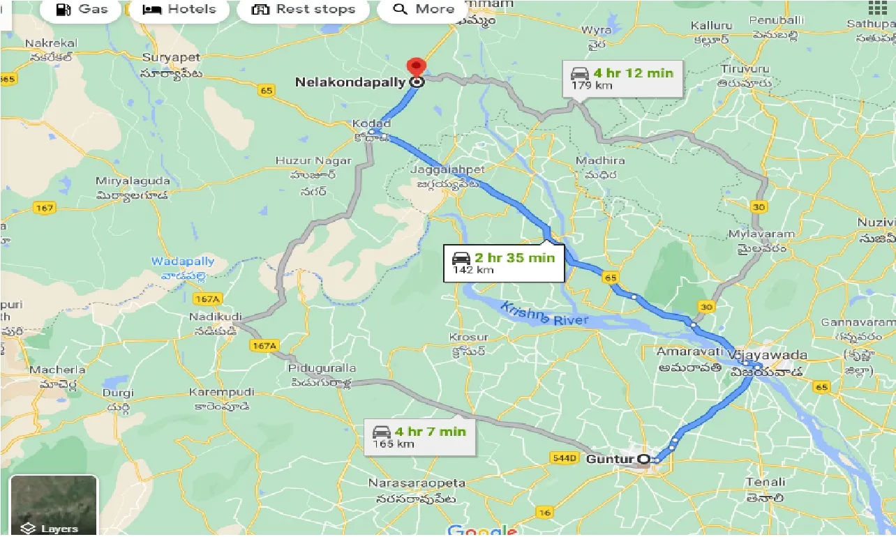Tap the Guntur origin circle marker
(x=645, y=459)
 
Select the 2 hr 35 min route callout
(x=503, y=262)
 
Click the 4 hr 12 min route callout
(x=622, y=78)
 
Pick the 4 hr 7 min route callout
(x=419, y=437)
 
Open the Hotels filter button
(x=179, y=9)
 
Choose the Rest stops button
(x=303, y=9)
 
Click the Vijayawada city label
(x=767, y=355)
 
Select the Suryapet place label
(x=171, y=57)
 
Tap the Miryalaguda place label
(x=132, y=181)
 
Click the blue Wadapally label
(x=183, y=262)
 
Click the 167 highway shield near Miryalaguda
(x=44, y=208)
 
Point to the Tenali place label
(x=765, y=482)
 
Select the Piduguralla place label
(x=324, y=368)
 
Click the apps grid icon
(x=877, y=8)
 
